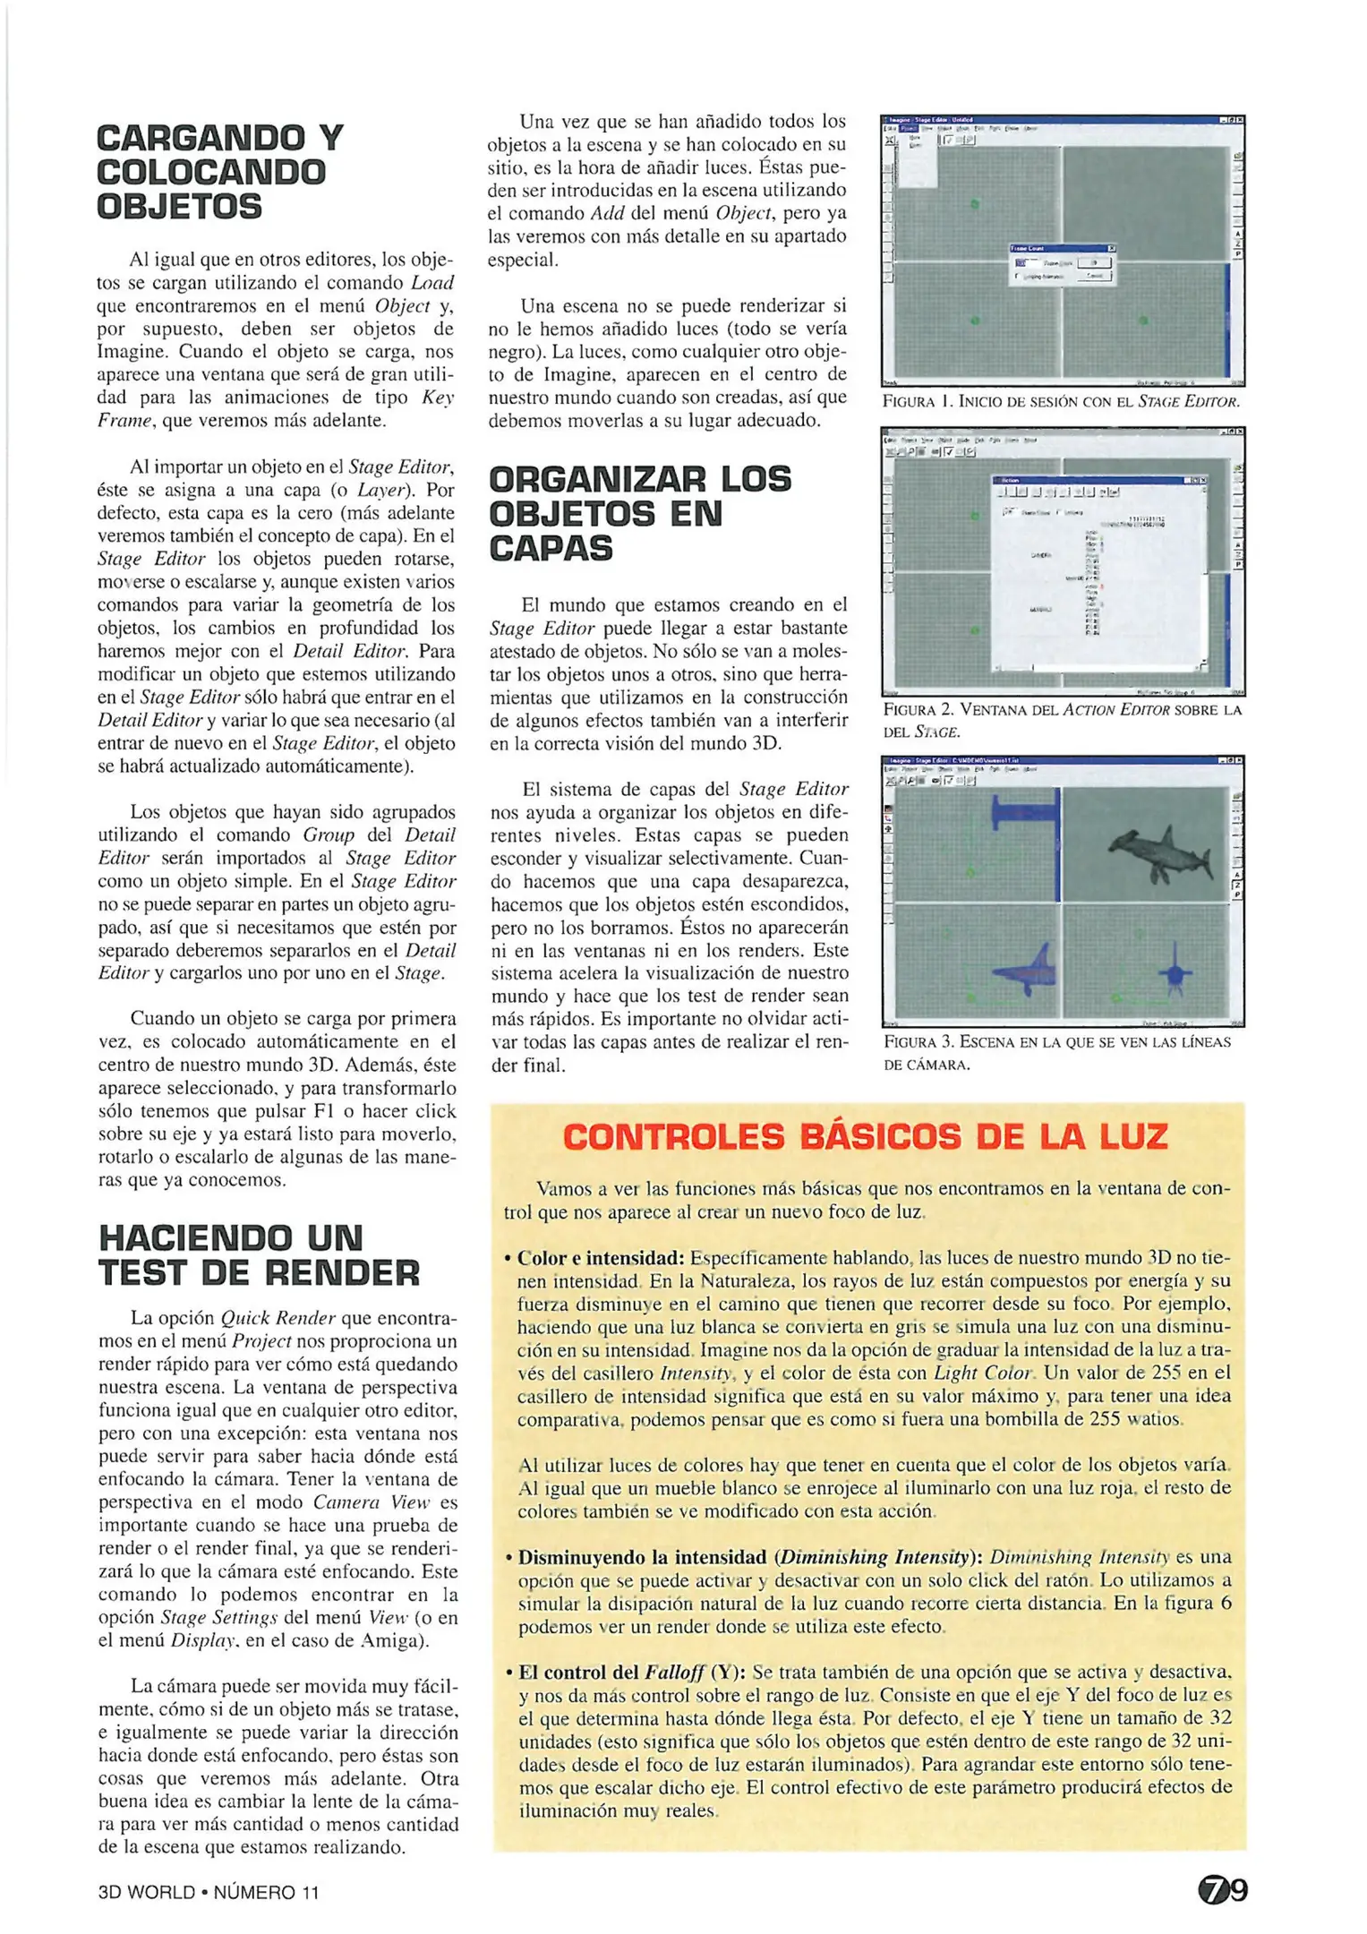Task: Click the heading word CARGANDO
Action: [x=199, y=139]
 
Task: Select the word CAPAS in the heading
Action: [x=551, y=548]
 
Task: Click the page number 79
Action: [x=1222, y=1891]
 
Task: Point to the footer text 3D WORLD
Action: [x=147, y=1892]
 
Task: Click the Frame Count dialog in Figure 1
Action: [x=1062, y=265]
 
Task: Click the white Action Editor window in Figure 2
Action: [x=1100, y=573]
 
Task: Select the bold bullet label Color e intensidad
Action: [x=601, y=1258]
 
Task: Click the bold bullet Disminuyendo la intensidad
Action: [x=642, y=1557]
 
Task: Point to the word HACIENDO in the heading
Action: [x=194, y=1238]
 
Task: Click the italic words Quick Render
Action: [x=278, y=1318]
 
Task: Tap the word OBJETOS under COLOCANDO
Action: [x=179, y=207]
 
